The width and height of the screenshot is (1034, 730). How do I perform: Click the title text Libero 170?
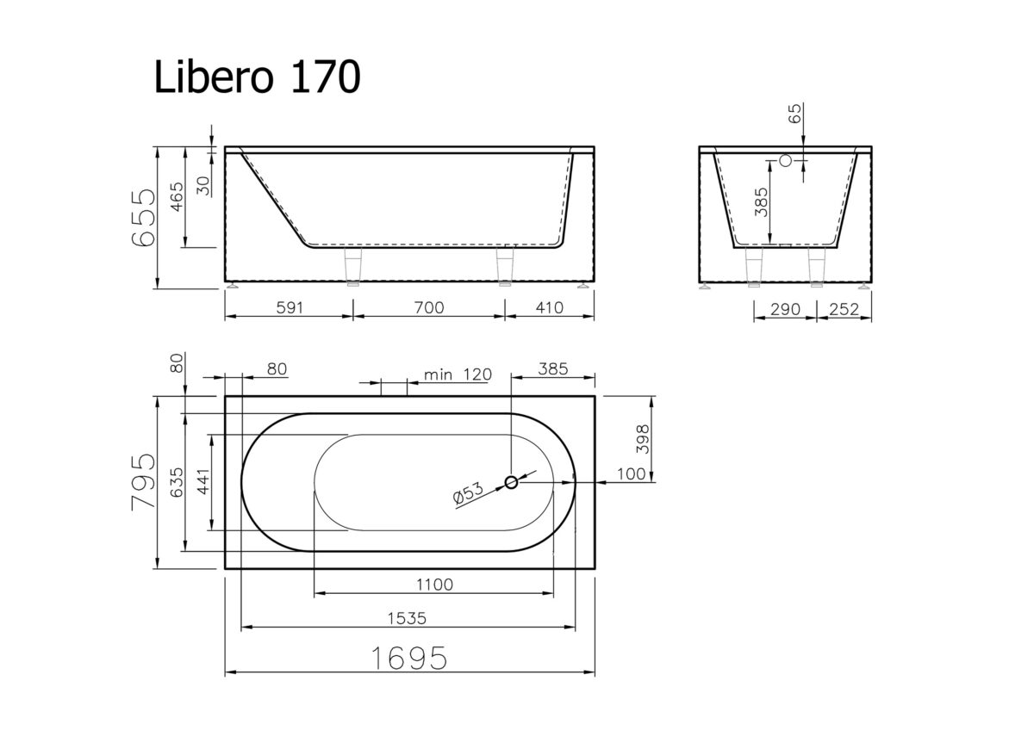coord(257,77)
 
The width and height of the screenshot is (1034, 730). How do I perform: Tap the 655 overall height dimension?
coord(143,217)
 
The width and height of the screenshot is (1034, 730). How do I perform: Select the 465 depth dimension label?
coord(177,197)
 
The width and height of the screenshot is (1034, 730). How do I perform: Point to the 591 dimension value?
coord(290,307)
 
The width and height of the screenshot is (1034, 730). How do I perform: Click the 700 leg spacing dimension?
coord(429,307)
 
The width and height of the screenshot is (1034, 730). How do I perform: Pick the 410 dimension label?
coord(550,307)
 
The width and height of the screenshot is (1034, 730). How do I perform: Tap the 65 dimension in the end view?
coord(794,114)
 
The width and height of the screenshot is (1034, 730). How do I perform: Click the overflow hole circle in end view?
coord(785,160)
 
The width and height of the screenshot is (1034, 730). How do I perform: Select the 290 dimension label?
coord(785,309)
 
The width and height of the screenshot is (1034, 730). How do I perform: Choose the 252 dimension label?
coord(844,309)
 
